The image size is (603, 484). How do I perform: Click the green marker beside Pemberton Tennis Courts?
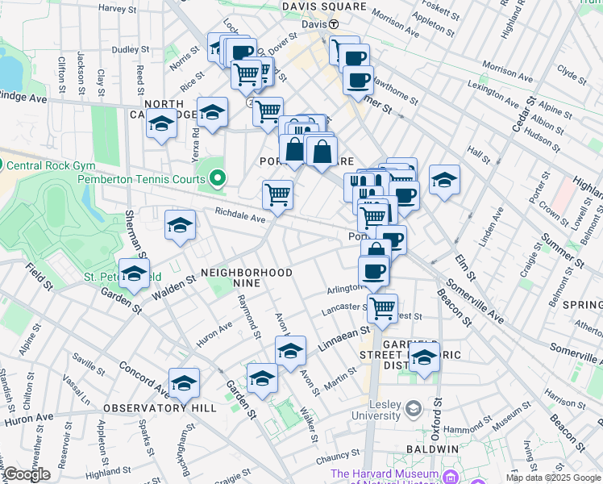point(218,177)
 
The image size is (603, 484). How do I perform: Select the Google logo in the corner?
point(27,474)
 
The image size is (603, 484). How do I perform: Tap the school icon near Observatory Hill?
point(184,383)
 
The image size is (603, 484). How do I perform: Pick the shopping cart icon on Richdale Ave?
point(277,194)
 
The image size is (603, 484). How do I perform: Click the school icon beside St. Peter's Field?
point(135,273)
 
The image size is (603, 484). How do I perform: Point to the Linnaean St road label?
point(341,333)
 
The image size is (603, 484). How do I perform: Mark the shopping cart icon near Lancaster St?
point(382,307)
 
